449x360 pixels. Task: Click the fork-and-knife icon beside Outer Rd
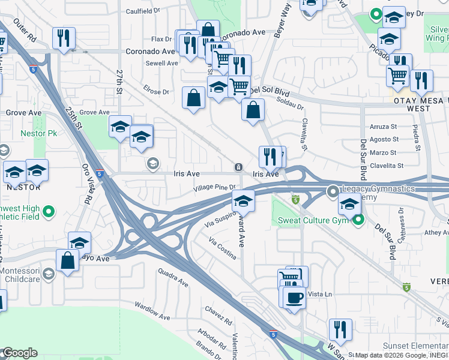63,38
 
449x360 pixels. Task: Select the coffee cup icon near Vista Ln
294,297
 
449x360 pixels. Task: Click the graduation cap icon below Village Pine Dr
243,200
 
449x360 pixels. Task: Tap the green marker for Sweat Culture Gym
358,220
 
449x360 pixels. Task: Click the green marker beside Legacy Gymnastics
333,191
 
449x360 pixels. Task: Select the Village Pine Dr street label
214,188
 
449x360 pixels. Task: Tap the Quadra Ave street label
174,277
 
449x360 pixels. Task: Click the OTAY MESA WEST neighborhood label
420,105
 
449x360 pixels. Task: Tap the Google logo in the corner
19,353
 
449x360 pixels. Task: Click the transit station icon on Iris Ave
238,166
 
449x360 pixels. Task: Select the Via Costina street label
222,248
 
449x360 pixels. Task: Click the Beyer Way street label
283,22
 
